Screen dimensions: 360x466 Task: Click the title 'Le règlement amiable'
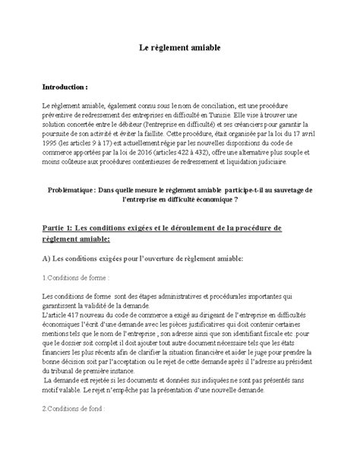tap(180, 47)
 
